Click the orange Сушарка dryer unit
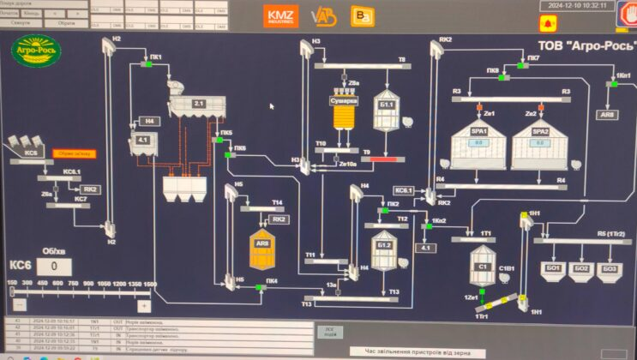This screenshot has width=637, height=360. point(343,116)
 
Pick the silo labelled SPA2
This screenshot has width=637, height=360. point(540,145)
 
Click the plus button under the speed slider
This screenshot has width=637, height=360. point(144,305)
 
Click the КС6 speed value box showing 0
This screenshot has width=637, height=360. point(54,267)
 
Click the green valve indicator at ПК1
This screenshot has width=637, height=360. point(147,64)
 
